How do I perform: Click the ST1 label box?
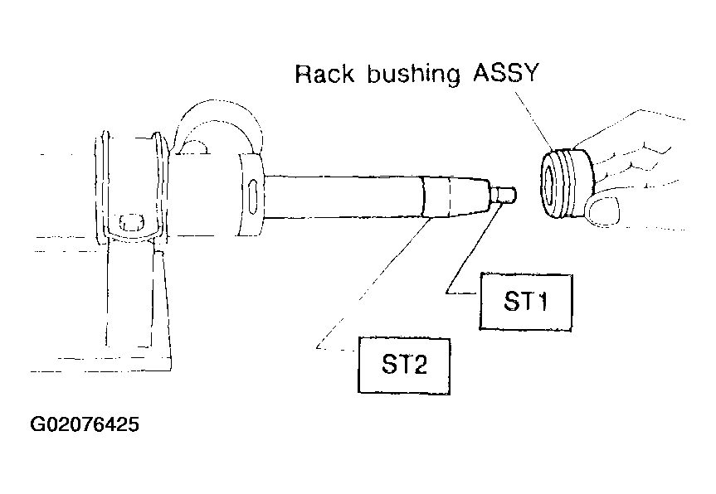coord(525,302)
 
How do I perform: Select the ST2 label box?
coord(404,366)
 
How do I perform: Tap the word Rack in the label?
coord(324,74)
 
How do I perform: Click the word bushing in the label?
coord(414,75)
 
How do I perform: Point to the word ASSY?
coord(506,73)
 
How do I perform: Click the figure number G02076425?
coord(85,424)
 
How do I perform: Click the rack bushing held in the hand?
coord(568,183)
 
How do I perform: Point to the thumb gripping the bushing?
coord(603,211)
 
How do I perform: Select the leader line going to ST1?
coord(473,249)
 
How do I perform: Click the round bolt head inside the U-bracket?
coord(132,221)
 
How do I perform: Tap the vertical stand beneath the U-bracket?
coord(138,301)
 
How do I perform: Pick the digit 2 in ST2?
coord(419,365)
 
